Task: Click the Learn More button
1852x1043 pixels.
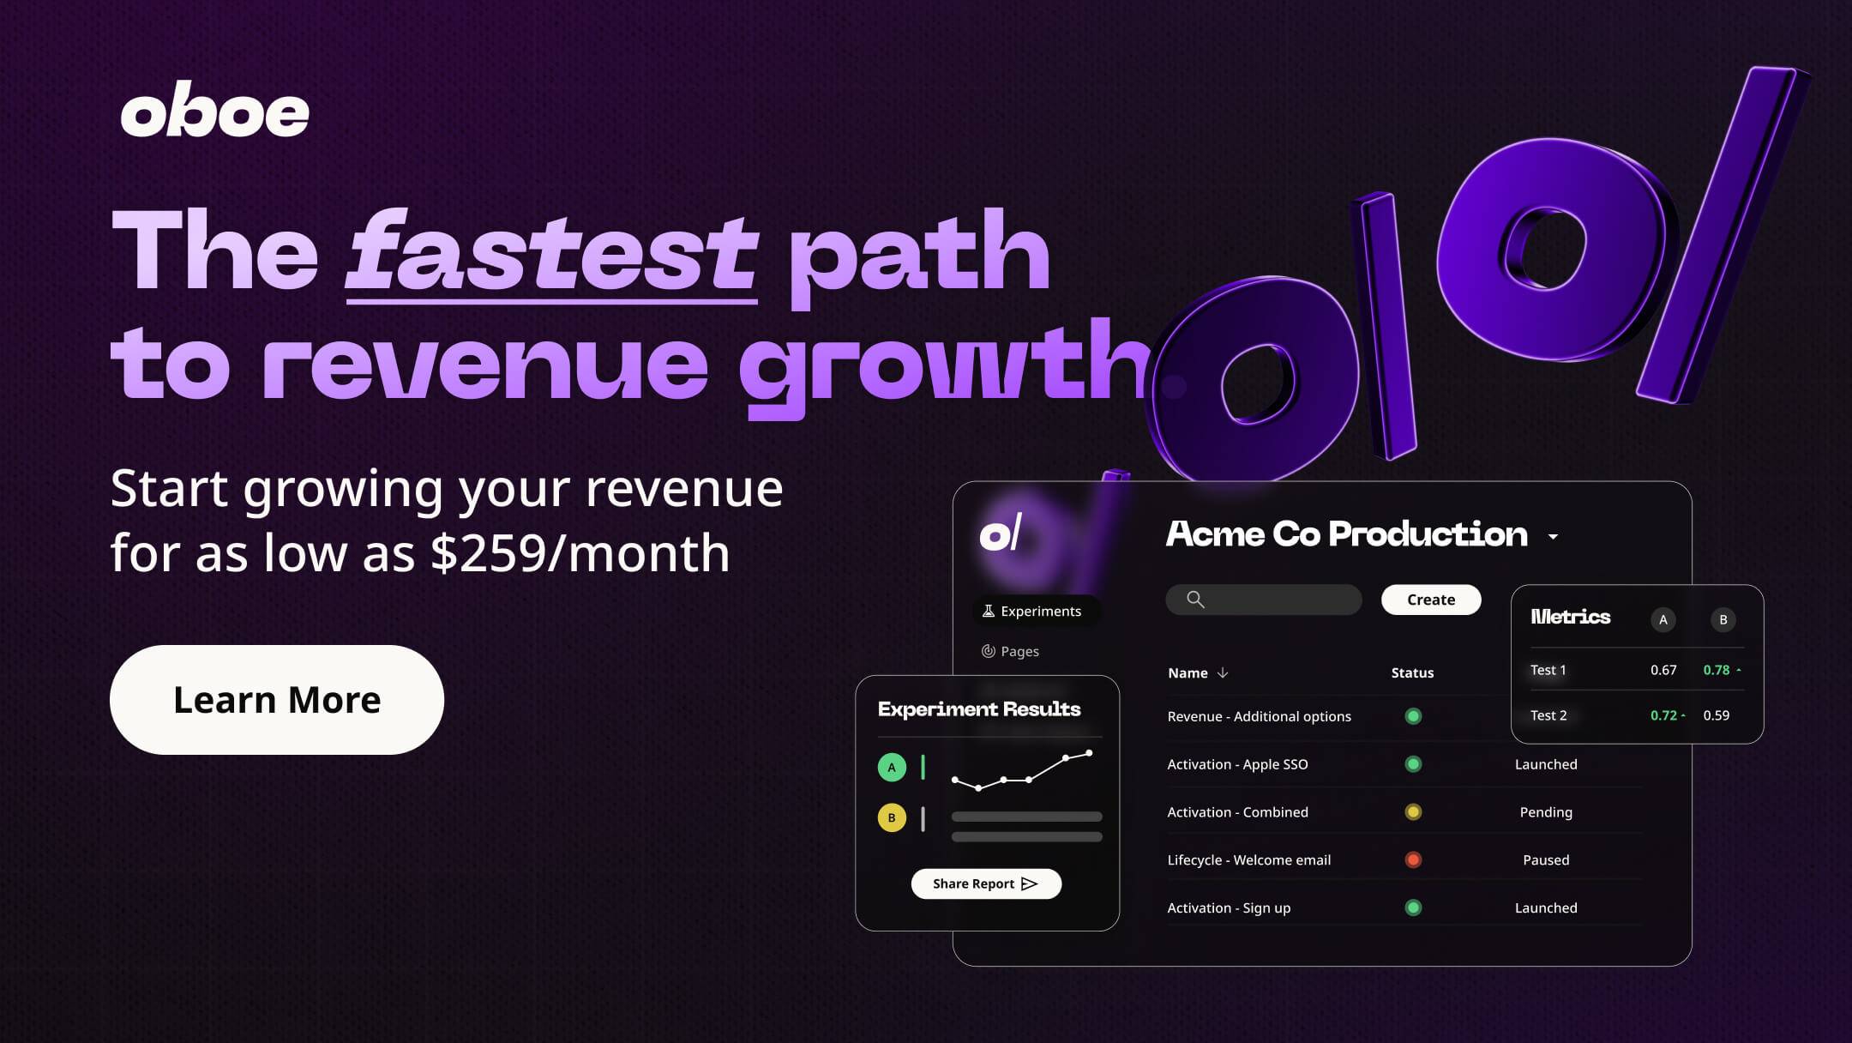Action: [277, 700]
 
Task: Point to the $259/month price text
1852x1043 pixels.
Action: [580, 552]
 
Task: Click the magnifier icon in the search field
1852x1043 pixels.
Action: [1195, 600]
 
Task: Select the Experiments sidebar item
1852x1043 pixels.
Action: [1032, 611]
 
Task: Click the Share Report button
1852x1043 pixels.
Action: [986, 883]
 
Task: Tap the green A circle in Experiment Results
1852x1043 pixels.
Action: [892, 767]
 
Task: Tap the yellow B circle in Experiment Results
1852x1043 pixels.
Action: [892, 817]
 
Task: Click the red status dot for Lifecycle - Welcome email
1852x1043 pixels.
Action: [1413, 859]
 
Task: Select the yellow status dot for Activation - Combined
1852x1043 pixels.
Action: [1413, 811]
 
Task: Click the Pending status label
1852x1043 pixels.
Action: [1546, 812]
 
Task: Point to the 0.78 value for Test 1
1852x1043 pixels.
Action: [1717, 670]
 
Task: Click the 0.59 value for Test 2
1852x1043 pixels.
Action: [1717, 715]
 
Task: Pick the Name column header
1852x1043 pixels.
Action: [1188, 672]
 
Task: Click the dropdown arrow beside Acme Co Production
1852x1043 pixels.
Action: [1553, 537]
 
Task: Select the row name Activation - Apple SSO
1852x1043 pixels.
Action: [1237, 764]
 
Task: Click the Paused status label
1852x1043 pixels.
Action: [1546, 859]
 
